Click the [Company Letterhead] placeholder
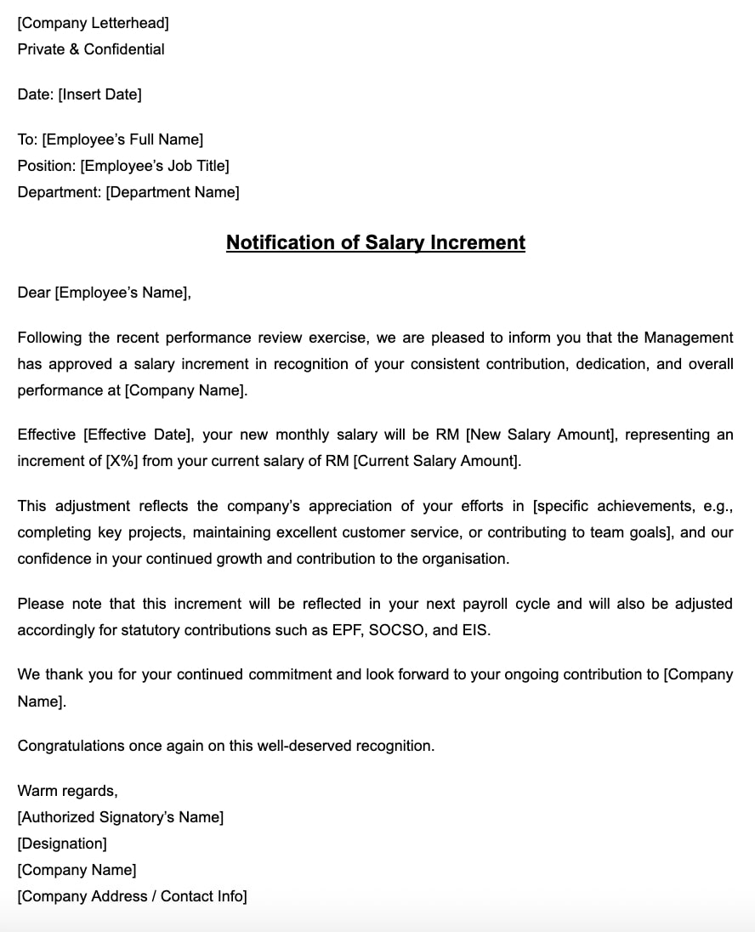(x=93, y=23)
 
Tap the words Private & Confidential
(x=91, y=49)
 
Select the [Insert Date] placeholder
(x=99, y=94)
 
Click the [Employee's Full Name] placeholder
(x=122, y=139)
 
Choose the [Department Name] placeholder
(x=172, y=192)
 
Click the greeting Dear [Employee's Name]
(x=104, y=293)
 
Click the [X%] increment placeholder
(x=122, y=461)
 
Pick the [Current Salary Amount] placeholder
(x=435, y=461)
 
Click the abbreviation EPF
(x=346, y=631)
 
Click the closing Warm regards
(x=67, y=791)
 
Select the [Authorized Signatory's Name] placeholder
(x=121, y=817)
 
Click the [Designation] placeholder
(x=62, y=844)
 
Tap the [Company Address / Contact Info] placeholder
(x=132, y=896)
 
